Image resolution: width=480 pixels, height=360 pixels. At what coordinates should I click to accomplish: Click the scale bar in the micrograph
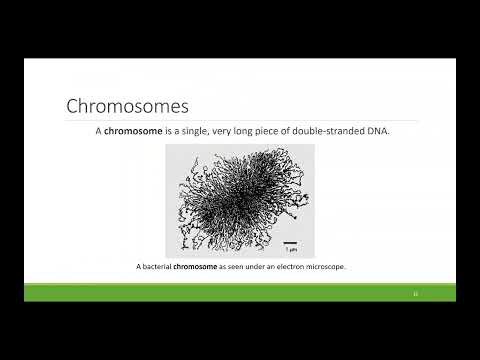[289, 241]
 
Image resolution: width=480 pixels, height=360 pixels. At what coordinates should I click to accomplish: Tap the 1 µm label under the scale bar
[289, 249]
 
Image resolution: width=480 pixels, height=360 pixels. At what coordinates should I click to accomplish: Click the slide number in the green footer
[415, 293]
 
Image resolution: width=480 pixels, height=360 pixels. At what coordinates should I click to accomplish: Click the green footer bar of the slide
[240, 292]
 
